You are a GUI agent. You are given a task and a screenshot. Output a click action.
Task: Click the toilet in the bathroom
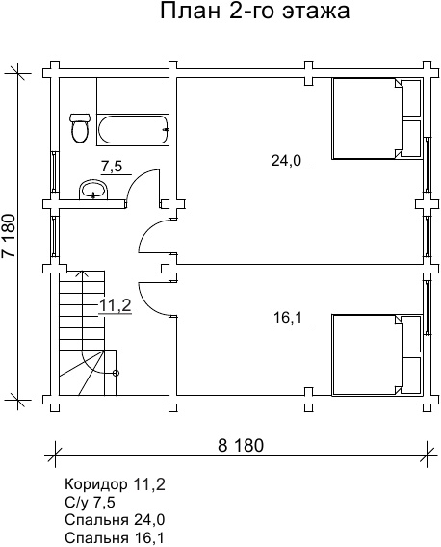(80, 128)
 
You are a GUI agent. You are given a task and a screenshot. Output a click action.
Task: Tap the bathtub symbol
(133, 129)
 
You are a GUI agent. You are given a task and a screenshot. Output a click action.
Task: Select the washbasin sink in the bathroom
(93, 190)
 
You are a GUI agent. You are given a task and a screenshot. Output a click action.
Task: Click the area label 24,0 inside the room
(286, 161)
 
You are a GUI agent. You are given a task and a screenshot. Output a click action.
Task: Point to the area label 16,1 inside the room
(288, 318)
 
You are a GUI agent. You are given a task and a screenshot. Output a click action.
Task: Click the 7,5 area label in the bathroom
(112, 167)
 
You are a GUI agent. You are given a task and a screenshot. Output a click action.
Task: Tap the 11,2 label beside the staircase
(116, 306)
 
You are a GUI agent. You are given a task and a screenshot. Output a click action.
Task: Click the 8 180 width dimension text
(241, 446)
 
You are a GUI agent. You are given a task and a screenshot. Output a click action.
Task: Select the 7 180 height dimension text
(10, 236)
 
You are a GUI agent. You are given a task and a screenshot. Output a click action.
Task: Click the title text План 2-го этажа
(255, 11)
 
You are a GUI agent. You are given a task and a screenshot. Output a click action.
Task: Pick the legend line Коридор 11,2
(115, 485)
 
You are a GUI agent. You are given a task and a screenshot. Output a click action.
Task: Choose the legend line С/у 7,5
(90, 503)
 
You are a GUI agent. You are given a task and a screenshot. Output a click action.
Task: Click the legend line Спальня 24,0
(115, 520)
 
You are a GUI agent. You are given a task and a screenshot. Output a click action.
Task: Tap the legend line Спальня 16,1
(115, 537)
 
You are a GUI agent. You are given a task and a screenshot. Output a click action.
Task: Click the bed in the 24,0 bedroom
(376, 118)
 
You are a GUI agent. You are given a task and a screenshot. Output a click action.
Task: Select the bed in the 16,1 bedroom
(376, 355)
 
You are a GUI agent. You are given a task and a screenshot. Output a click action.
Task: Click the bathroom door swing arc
(136, 180)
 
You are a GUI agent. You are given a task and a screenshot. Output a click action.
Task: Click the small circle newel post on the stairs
(117, 374)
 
